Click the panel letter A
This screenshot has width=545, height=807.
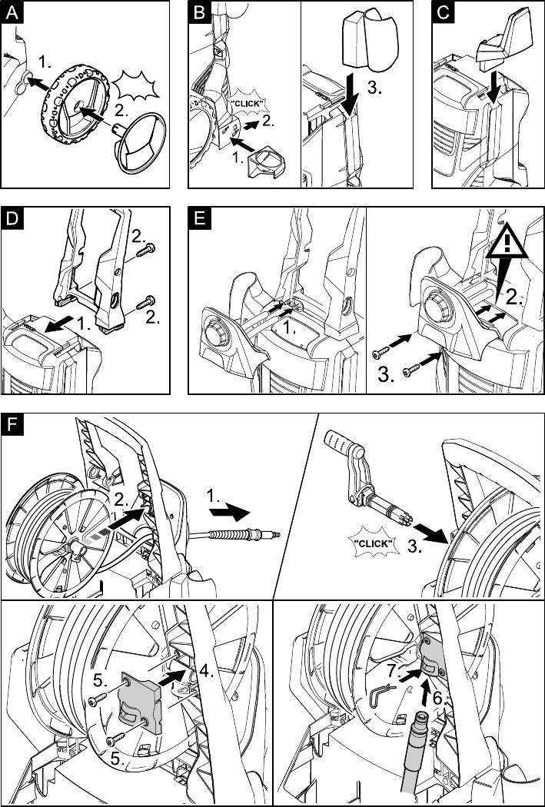point(11,12)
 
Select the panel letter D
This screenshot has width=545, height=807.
point(11,218)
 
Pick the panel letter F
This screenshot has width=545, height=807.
point(11,425)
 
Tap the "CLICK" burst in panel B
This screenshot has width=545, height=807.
point(249,103)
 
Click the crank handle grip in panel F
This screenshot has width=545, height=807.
point(343,445)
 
